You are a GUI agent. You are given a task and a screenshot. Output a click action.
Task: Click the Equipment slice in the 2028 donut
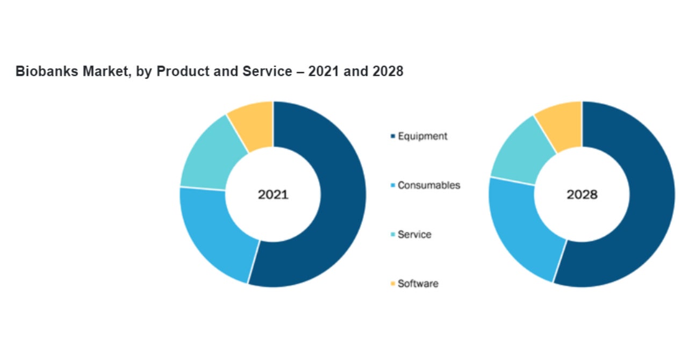(645, 204)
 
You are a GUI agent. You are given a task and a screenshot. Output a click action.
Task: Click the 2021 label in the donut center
(273, 195)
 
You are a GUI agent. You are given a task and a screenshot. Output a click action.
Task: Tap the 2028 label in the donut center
(582, 195)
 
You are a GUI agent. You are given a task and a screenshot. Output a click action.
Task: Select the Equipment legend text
(422, 136)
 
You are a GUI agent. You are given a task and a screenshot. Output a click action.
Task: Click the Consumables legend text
(429, 185)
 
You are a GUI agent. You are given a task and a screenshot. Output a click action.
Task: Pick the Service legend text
(414, 235)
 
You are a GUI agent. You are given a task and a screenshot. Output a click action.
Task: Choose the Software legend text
(418, 284)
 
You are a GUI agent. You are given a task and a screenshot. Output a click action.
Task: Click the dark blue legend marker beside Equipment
(393, 136)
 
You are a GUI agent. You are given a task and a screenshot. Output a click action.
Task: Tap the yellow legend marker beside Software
(393, 284)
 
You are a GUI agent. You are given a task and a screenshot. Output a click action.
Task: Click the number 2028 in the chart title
(387, 71)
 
